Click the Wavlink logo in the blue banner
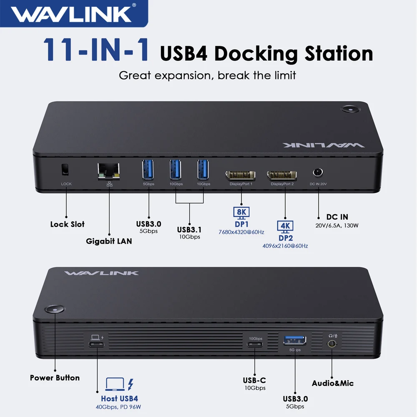click(x=71, y=13)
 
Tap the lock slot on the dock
click(x=65, y=169)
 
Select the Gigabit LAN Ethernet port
click(x=109, y=171)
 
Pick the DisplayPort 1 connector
click(x=241, y=175)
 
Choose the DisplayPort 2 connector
click(x=282, y=175)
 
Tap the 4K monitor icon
click(x=286, y=226)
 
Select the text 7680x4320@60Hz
click(x=241, y=232)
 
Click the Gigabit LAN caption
click(x=109, y=241)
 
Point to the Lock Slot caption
click(x=68, y=224)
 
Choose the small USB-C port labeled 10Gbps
click(x=255, y=344)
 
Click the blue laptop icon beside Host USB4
click(x=114, y=384)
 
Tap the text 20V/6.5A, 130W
click(x=337, y=226)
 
